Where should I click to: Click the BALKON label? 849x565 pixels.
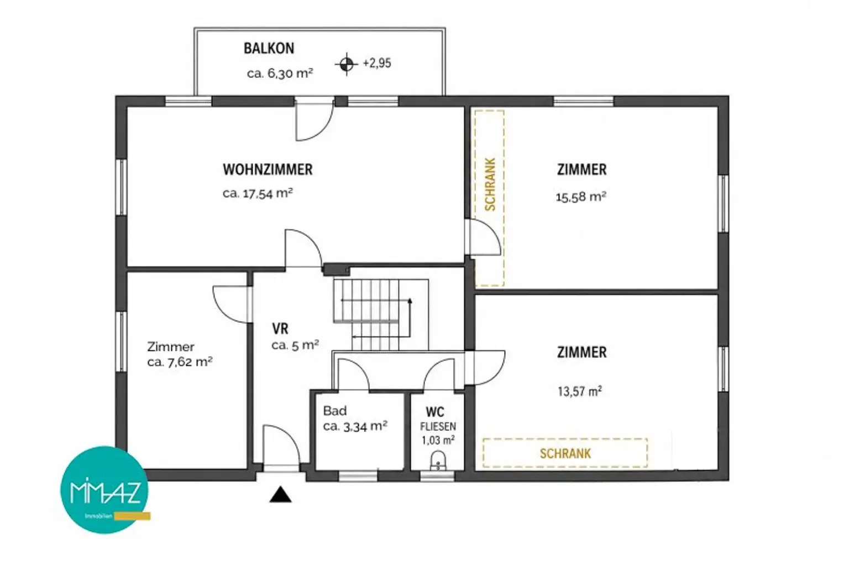269,49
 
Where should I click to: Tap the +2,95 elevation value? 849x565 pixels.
377,63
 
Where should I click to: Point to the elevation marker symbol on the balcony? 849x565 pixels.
347,64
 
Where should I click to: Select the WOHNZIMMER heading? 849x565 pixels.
268,169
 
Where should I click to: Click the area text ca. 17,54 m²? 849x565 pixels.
258,193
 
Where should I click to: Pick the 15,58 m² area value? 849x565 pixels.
581,197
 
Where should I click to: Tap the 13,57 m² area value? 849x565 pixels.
580,391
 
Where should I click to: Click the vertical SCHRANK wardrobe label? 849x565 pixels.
490,184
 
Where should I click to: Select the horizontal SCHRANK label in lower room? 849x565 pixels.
565,453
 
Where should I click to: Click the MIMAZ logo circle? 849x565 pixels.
104,490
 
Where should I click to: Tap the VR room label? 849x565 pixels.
280,328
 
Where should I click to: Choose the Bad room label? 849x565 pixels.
334,410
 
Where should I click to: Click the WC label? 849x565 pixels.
435,411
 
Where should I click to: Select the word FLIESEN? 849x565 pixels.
438,427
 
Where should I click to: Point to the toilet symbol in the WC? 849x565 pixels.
438,461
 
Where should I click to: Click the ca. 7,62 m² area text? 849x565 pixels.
180,362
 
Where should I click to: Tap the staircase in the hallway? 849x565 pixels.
381,314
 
